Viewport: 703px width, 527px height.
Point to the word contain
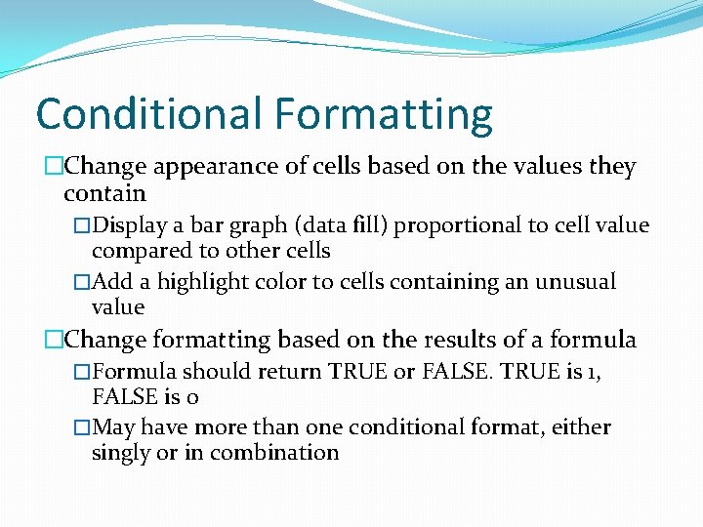[104, 194]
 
